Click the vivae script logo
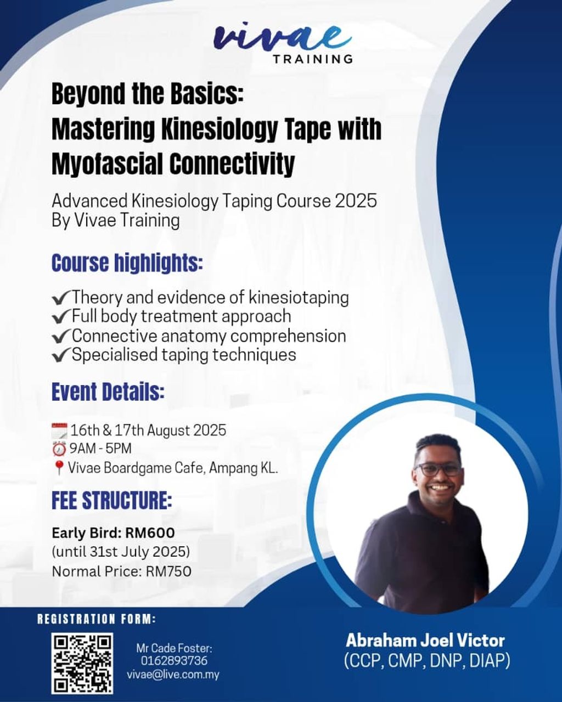click(282, 37)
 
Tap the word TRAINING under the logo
click(313, 59)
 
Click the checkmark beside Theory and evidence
click(61, 298)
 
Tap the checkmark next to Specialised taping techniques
click(61, 355)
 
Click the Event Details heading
click(108, 392)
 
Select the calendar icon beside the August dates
click(59, 431)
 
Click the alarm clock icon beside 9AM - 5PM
click(59, 449)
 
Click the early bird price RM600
click(150, 533)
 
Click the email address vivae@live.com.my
click(173, 675)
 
